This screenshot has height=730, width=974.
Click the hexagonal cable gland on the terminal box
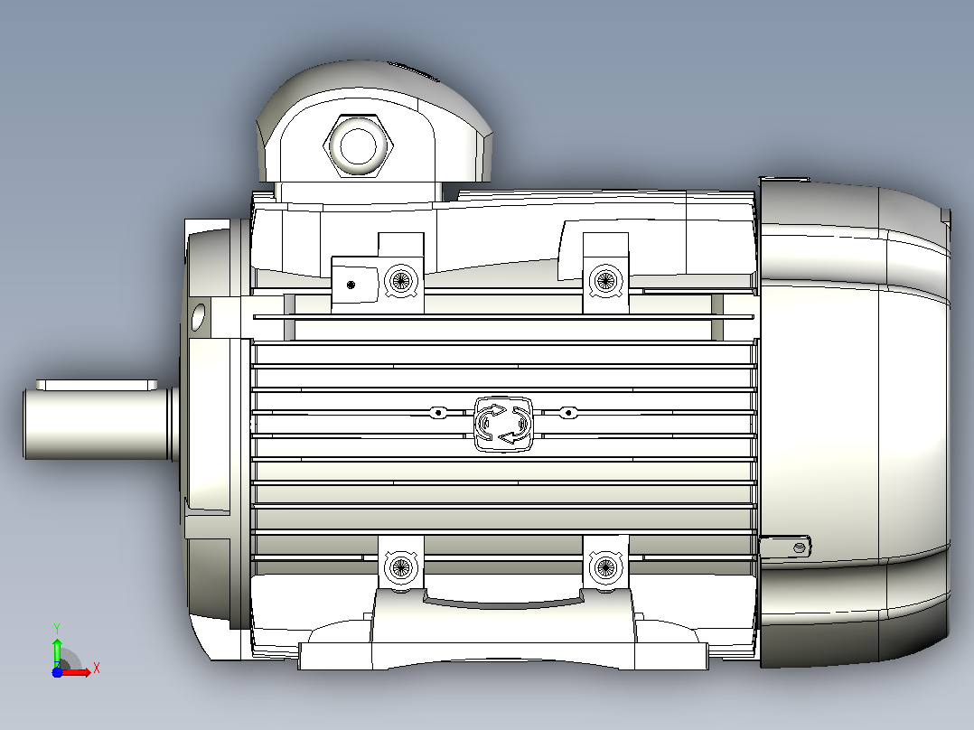pos(359,145)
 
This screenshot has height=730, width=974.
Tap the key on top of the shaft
pos(97,385)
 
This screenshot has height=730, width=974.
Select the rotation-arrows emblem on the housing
pos(503,424)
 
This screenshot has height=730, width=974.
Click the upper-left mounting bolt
pos(400,280)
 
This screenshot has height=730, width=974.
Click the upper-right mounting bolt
pos(605,280)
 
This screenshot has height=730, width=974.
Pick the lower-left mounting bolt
pos(400,566)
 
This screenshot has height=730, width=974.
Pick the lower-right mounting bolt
pos(605,566)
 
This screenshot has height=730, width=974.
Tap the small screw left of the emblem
pos(438,413)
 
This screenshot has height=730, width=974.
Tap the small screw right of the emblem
pos(567,413)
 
